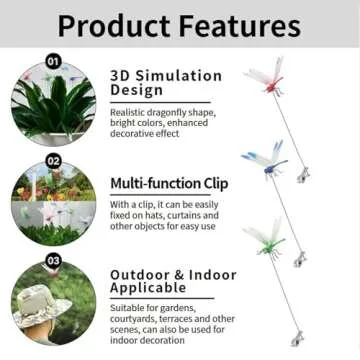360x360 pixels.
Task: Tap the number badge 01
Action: click(x=53, y=61)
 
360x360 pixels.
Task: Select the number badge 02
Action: click(x=53, y=159)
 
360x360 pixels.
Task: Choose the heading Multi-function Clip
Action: click(x=168, y=183)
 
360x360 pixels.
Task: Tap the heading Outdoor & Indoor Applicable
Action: click(x=173, y=281)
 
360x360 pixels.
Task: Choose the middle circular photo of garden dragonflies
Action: click(x=55, y=205)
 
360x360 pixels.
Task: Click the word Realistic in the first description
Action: click(x=127, y=111)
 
